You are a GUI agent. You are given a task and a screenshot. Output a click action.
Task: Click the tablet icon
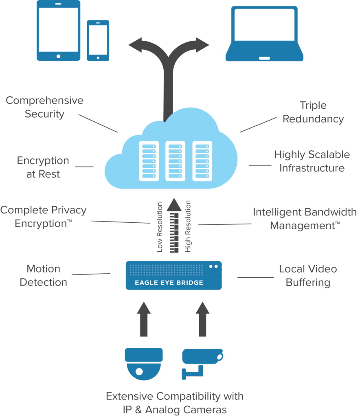tap(59, 31)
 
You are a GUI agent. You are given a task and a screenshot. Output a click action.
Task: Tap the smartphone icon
tap(98, 40)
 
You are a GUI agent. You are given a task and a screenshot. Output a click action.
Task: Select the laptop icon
tap(264, 34)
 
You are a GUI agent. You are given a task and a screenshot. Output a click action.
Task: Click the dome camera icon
tap(144, 364)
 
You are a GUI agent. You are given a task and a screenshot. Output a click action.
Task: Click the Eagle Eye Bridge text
tap(169, 283)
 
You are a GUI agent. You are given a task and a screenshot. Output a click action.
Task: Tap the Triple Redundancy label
tap(313, 112)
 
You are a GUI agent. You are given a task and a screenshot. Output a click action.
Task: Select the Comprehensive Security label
tap(44, 107)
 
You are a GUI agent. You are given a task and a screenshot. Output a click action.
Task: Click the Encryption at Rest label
tap(43, 167)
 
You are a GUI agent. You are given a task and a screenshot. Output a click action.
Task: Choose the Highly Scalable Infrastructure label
tap(312, 161)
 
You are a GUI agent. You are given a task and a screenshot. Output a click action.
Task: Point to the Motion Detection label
tap(43, 275)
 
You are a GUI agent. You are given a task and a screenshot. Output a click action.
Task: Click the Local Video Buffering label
tap(308, 276)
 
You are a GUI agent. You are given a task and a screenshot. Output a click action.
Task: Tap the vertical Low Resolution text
tap(160, 227)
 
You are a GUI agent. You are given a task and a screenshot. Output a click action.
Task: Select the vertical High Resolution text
tap(188, 226)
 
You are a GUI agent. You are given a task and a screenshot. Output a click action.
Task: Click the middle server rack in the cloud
tap(175, 161)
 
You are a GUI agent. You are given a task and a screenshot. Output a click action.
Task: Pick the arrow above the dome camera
tap(144, 319)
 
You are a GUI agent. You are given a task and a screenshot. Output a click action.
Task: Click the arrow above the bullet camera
tap(202, 319)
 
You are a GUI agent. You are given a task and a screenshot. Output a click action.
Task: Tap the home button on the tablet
tap(59, 56)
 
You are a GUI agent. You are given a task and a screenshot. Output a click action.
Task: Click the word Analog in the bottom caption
tap(162, 410)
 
